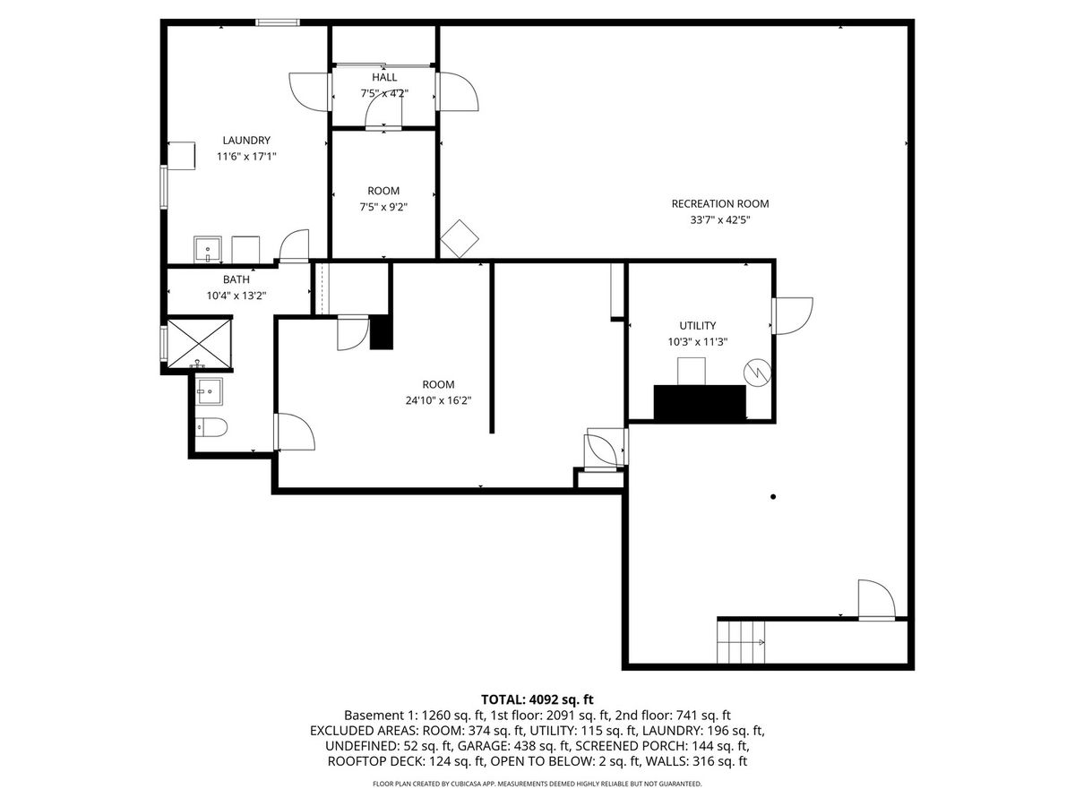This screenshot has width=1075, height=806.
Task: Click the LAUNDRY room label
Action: pyautogui.click(x=246, y=141)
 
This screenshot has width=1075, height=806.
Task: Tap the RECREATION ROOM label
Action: pyautogui.click(x=720, y=203)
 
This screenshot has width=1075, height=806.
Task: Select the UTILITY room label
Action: pyautogui.click(x=697, y=325)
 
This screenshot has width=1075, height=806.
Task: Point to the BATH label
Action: pyautogui.click(x=236, y=279)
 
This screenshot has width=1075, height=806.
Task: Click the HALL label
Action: pyautogui.click(x=384, y=77)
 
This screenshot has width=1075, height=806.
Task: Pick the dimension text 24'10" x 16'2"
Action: pyautogui.click(x=438, y=401)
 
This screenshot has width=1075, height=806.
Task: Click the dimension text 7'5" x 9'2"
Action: pyautogui.click(x=383, y=207)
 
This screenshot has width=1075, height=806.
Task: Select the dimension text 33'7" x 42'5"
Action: pyautogui.click(x=720, y=220)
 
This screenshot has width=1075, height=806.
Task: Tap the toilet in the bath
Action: pyautogui.click(x=211, y=427)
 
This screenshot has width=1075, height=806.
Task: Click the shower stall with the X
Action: pyautogui.click(x=199, y=343)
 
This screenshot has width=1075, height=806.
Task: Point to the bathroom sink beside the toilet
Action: pyautogui.click(x=209, y=391)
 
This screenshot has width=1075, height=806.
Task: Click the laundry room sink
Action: pyautogui.click(x=208, y=250)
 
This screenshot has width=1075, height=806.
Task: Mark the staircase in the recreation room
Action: pyautogui.click(x=741, y=641)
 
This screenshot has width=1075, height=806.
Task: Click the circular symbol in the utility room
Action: pyautogui.click(x=757, y=373)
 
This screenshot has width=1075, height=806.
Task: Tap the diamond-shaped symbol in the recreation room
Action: pyautogui.click(x=460, y=239)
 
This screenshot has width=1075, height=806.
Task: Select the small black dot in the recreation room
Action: pyautogui.click(x=773, y=497)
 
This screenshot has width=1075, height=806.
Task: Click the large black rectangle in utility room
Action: pyautogui.click(x=700, y=402)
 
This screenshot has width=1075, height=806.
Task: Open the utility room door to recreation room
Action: pyautogui.click(x=792, y=316)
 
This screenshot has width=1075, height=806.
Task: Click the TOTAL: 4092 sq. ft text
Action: pyautogui.click(x=537, y=699)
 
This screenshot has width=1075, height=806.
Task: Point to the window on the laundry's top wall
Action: pyautogui.click(x=278, y=22)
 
